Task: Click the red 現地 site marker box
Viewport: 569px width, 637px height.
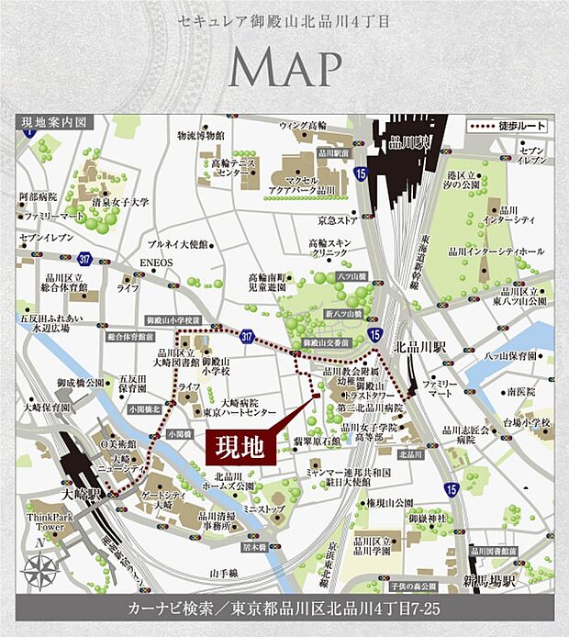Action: coord(240,447)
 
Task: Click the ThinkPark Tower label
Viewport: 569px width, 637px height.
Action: coord(44,521)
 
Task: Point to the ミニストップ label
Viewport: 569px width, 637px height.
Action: coord(260,508)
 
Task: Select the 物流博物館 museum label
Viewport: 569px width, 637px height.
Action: coord(201,135)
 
